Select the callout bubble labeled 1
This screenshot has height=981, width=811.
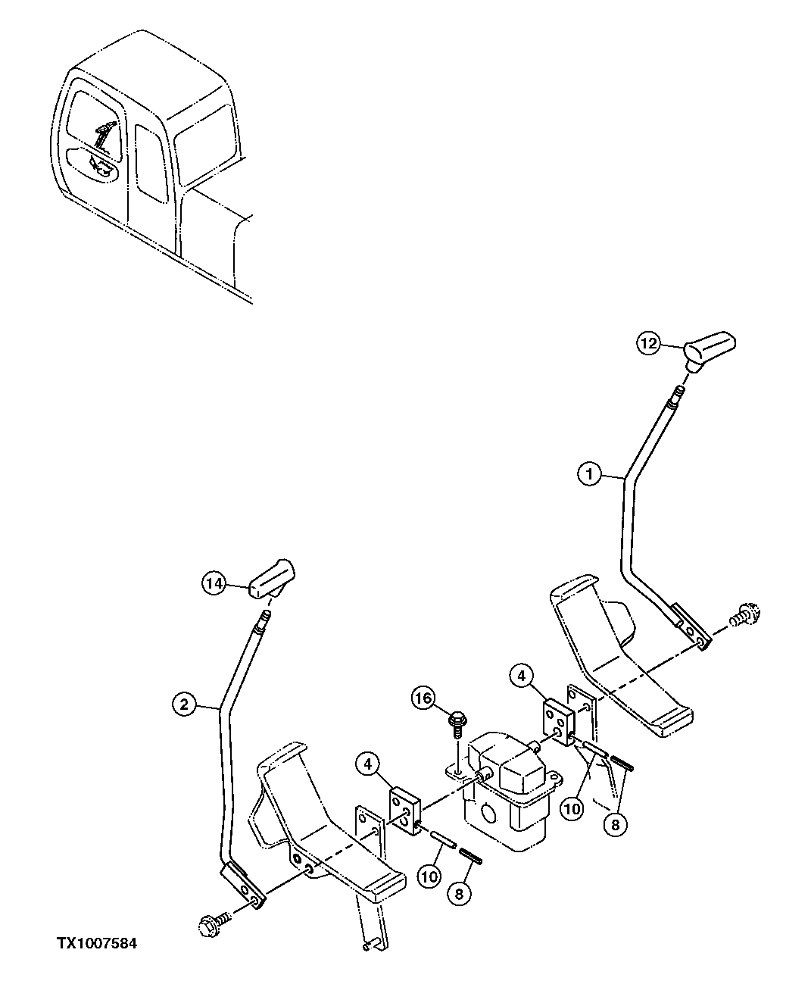pos(589,475)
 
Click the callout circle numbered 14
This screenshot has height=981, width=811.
pos(214,583)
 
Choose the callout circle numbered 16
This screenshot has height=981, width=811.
pos(424,697)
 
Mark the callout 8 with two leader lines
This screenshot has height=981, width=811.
pos(615,825)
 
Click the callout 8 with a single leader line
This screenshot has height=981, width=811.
pos(459,894)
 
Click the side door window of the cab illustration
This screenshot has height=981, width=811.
pos(150,163)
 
